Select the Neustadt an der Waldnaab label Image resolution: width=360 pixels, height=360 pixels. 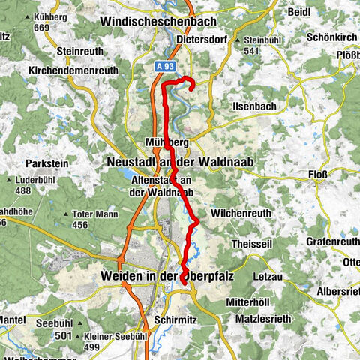pyautogui.click(x=181, y=162)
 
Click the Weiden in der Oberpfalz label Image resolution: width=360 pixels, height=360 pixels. pyautogui.click(x=176, y=277)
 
